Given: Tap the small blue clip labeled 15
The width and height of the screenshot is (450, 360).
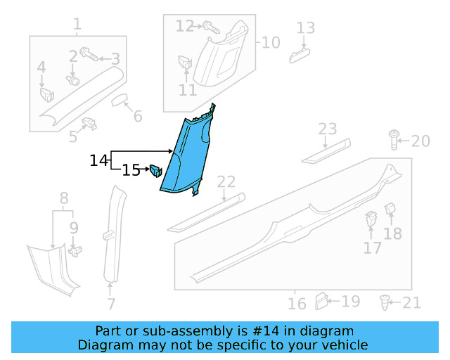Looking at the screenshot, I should tap(155, 171).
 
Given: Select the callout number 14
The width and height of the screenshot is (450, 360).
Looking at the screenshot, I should tap(98, 161).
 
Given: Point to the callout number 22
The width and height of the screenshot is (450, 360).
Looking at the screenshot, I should tap(226, 182).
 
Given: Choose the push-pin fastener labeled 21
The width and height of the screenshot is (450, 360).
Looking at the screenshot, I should tap(384, 302).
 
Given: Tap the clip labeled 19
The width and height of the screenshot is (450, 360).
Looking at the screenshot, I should tap(321, 300).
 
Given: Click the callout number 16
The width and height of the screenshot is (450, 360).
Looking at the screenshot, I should tap(297, 303).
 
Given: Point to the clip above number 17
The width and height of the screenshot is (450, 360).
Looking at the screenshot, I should tap(371, 220).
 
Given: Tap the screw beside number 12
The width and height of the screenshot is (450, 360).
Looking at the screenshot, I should tap(210, 27).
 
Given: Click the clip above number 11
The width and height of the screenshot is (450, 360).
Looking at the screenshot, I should tap(185, 62).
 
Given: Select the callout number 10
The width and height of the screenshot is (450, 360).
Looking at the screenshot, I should tap(271, 42).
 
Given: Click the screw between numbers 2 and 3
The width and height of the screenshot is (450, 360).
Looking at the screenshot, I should tap(89, 53).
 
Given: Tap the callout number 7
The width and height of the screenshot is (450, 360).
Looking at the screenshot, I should tap(111, 304).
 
